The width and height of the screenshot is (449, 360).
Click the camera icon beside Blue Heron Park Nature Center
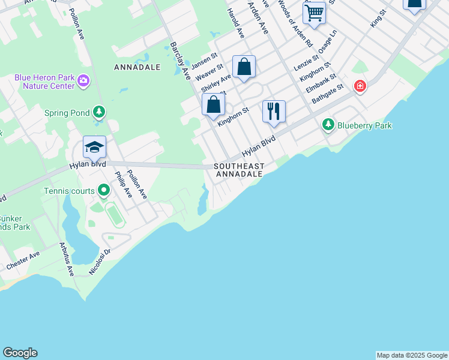pyautogui.click(x=83, y=80)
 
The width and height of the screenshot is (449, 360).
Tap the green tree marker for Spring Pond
pyautogui.click(x=99, y=112)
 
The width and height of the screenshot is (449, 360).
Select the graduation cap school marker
pyautogui.click(x=94, y=147)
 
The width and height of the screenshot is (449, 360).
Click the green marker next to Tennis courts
pyautogui.click(x=104, y=191)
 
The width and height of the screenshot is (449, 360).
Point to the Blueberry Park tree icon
pyautogui.click(x=328, y=125)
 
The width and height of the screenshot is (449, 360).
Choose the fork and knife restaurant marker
pyautogui.click(x=274, y=112)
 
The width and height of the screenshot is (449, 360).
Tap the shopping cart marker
pyautogui.click(x=314, y=13)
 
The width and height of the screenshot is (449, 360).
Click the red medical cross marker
pyautogui.click(x=360, y=86)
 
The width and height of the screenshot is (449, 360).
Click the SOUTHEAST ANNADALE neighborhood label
pyautogui.click(x=239, y=170)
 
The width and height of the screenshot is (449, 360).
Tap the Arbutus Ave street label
pyautogui.click(x=65, y=259)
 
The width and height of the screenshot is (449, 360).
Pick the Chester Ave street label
pyautogui.click(x=23, y=260)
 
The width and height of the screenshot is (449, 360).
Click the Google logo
pyautogui.click(x=20, y=353)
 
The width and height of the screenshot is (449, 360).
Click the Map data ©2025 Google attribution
pyautogui.click(x=412, y=355)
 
